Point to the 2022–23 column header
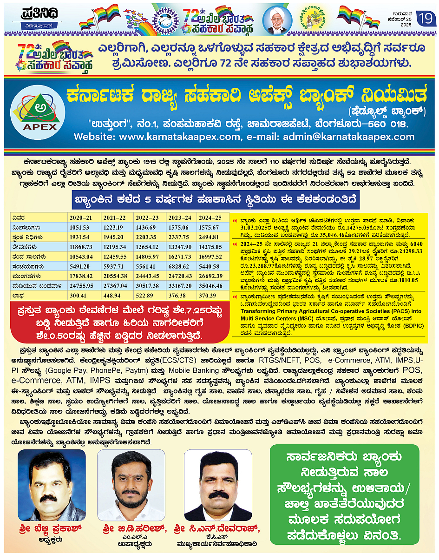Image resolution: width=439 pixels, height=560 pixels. click(147, 217)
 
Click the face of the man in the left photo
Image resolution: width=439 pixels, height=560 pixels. click(51, 474)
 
